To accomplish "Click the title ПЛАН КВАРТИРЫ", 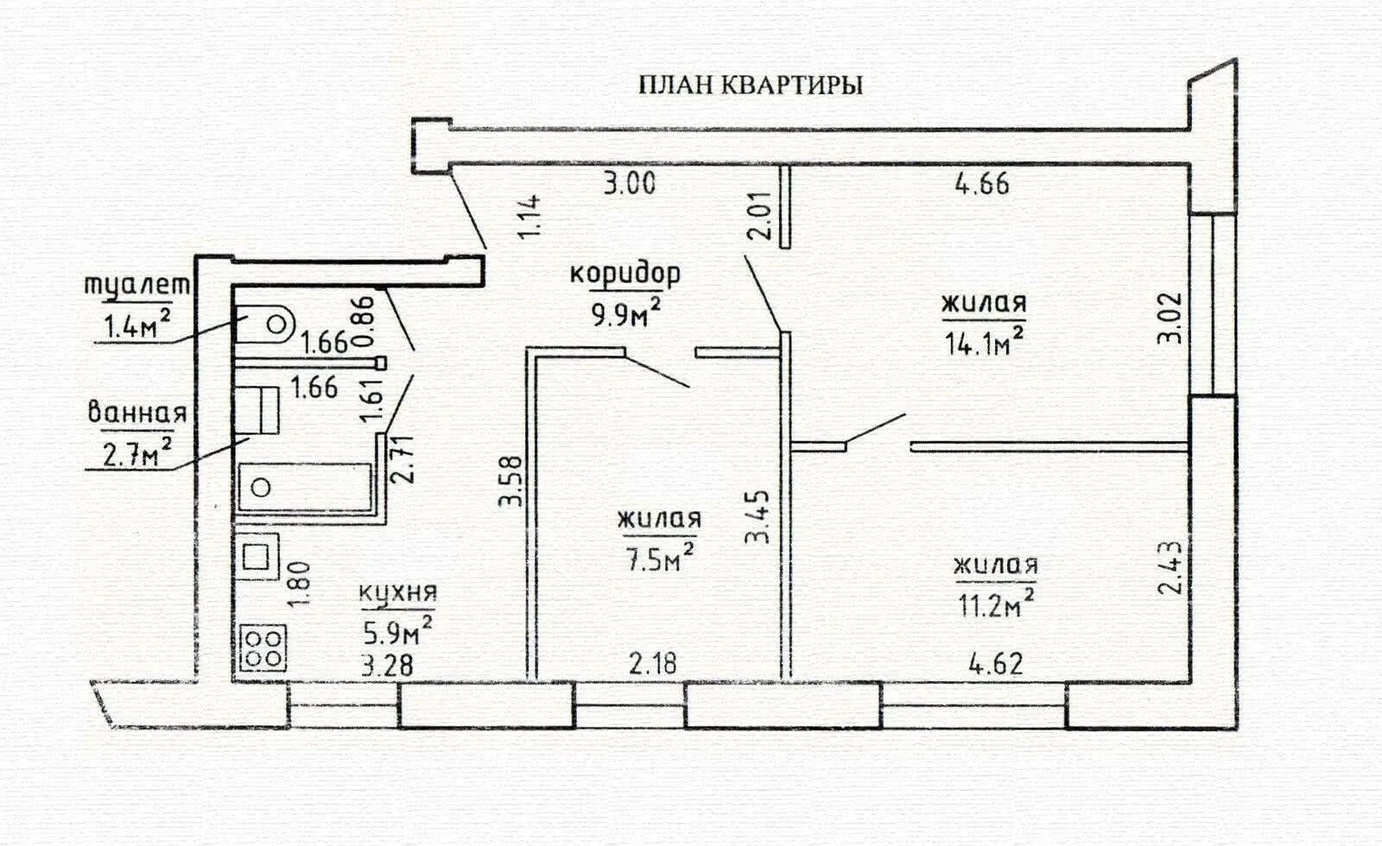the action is click(x=750, y=85).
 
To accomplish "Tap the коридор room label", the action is click(x=624, y=274).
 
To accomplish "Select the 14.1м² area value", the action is click(x=984, y=344).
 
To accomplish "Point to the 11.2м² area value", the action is click(x=994, y=603).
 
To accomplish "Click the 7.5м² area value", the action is click(x=658, y=559).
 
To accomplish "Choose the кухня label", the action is click(x=397, y=593).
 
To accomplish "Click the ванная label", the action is click(x=137, y=413).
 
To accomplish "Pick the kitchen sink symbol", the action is click(x=257, y=557).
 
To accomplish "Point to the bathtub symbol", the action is click(x=304, y=488).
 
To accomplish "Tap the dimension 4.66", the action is click(x=982, y=184).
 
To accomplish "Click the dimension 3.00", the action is click(x=629, y=184).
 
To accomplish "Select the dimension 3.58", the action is click(x=512, y=481).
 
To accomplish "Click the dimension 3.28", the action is click(x=388, y=666).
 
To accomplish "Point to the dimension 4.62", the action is click(x=996, y=664).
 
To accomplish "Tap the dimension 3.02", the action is click(x=1170, y=319).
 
